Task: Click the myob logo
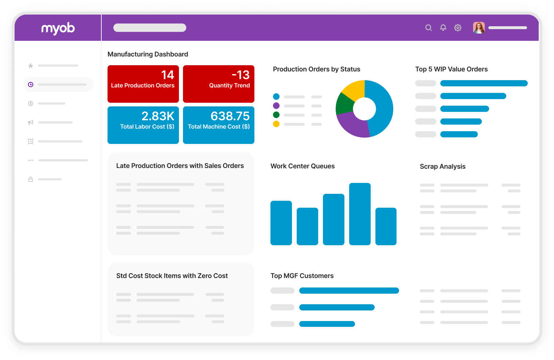click(x=58, y=28)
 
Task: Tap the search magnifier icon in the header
click(x=428, y=28)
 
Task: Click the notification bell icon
click(x=443, y=28)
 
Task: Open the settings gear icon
click(x=458, y=28)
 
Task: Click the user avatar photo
click(x=479, y=28)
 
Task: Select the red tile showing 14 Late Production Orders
click(x=143, y=84)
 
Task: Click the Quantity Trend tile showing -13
click(x=218, y=84)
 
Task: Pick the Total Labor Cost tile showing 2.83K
click(x=143, y=125)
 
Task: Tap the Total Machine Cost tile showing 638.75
click(x=218, y=125)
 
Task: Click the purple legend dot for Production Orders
click(x=276, y=106)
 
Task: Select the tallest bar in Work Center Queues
click(x=360, y=214)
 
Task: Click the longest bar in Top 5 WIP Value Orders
click(x=484, y=83)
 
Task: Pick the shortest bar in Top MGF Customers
click(x=327, y=324)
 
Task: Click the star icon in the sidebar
click(x=31, y=66)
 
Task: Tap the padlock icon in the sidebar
click(x=31, y=179)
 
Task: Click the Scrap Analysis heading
click(x=442, y=167)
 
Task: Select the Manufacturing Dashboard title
click(x=148, y=54)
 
